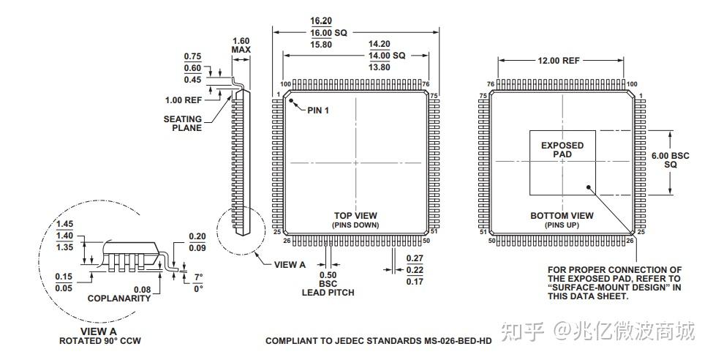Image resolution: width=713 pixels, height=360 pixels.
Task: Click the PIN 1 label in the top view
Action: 318,110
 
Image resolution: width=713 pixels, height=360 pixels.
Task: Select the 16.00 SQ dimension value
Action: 328,33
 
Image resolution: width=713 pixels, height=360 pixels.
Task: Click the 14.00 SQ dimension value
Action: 388,56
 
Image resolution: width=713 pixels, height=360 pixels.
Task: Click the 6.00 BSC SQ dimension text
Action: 670,160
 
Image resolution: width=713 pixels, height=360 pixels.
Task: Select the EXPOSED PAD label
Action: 562,150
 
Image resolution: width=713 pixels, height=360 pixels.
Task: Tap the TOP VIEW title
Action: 355,215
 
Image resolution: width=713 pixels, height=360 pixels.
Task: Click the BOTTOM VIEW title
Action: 562,216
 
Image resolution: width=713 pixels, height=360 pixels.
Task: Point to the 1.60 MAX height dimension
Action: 241,45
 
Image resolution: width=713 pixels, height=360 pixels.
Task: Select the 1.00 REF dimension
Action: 183,100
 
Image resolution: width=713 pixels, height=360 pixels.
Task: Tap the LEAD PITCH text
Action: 328,293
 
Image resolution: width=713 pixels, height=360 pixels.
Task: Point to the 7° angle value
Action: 197,277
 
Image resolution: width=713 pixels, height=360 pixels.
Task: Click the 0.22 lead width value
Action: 414,269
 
